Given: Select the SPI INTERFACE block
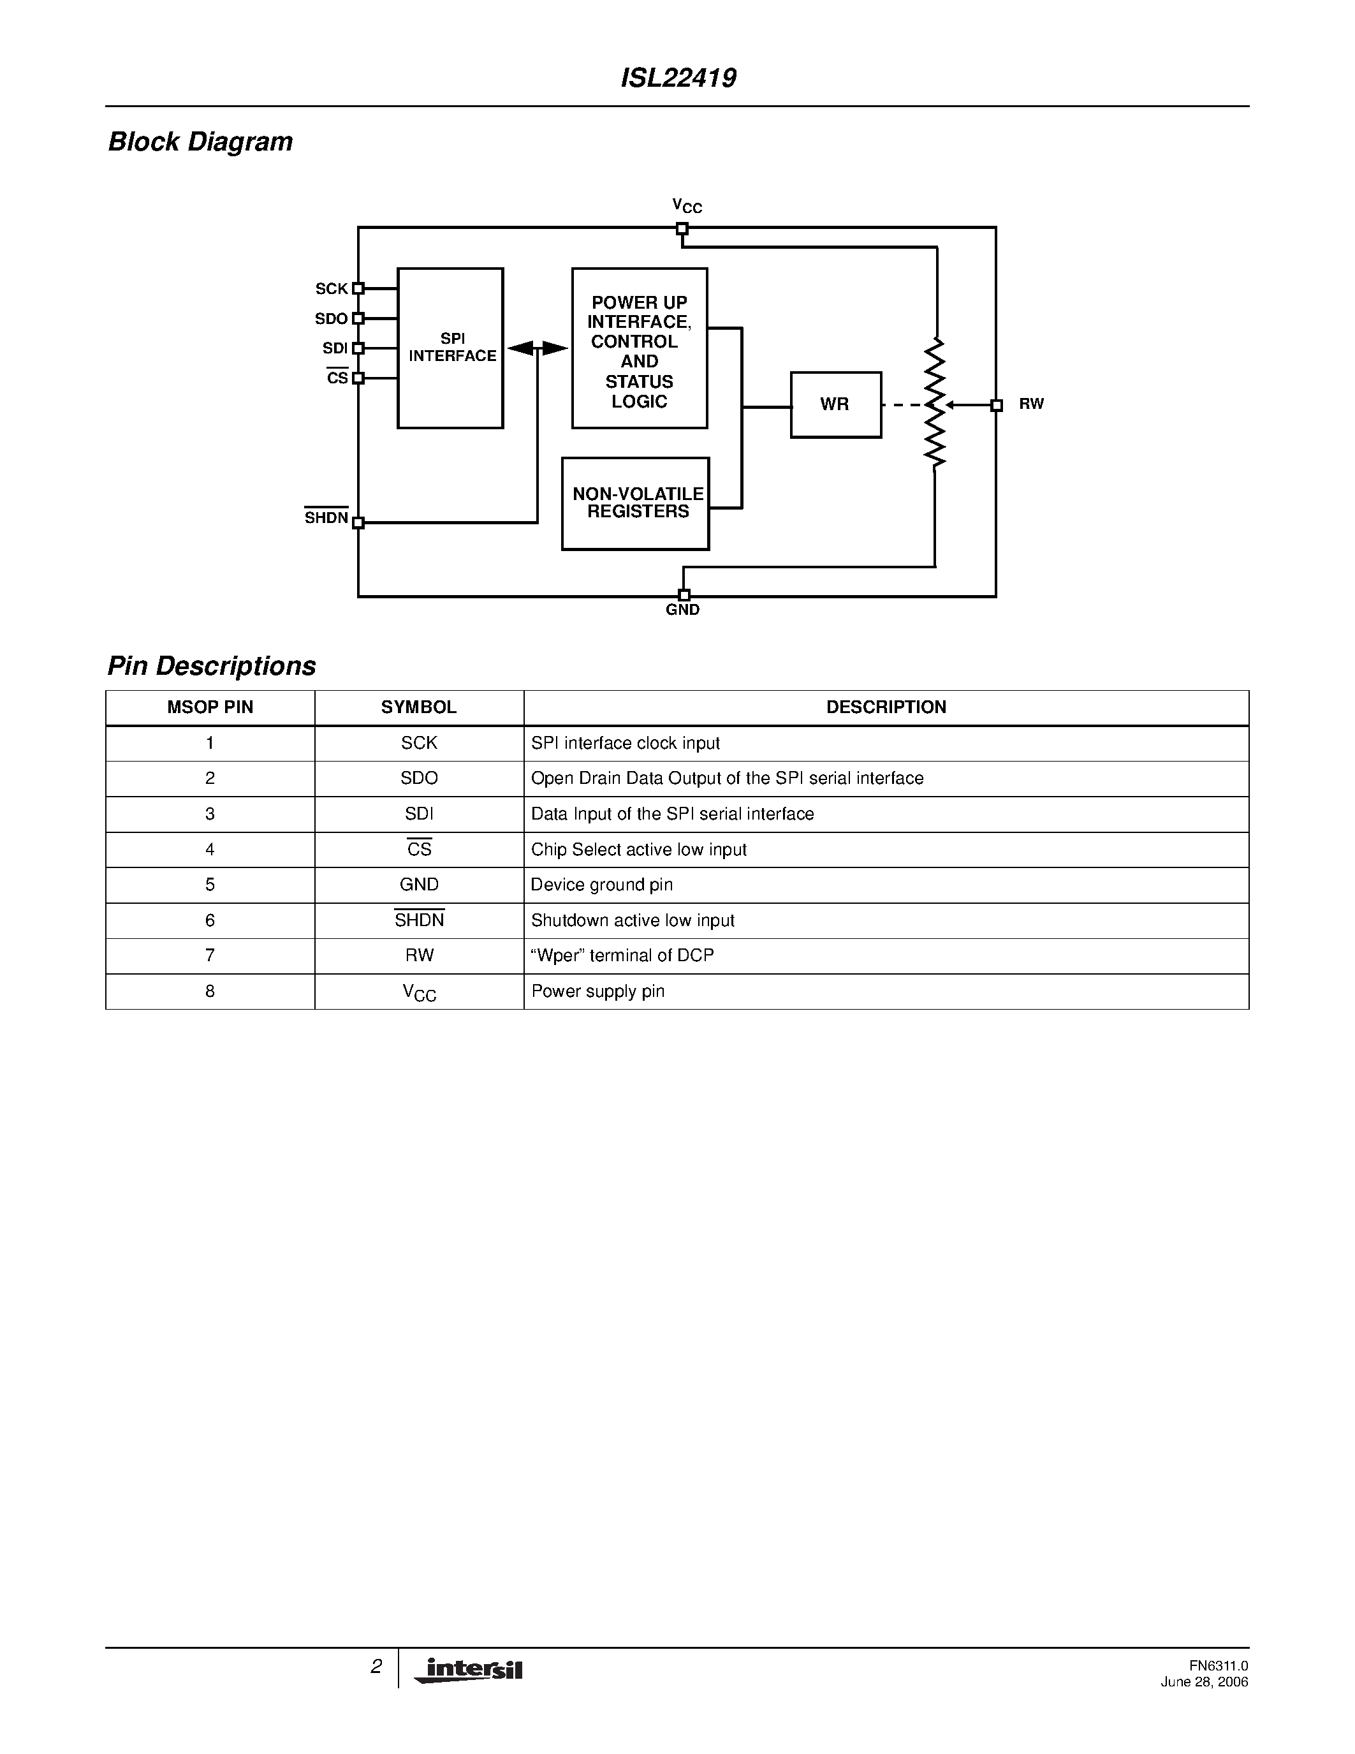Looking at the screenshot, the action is pos(450,348).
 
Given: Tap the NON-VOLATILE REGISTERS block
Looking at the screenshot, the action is pos(636,503).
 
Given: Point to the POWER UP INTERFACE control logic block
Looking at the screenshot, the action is pos(640,348).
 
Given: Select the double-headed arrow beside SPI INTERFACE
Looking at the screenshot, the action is pos(538,348).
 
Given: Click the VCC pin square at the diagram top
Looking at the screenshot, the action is pos(682,229).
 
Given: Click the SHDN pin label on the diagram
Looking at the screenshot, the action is pos(326,518).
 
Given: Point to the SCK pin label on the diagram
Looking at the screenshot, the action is pos(332,289).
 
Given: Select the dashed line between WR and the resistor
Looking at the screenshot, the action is pos(902,406).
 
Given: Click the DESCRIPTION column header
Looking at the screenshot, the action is pos(886,707).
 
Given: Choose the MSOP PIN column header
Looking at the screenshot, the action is pos(210,707).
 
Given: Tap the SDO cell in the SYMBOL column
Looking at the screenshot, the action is pos(419,778).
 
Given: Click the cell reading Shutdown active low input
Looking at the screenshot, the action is pos(633,920).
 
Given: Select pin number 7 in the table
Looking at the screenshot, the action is pos(210,955).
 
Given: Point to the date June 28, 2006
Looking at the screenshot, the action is pos(1204,1683).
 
